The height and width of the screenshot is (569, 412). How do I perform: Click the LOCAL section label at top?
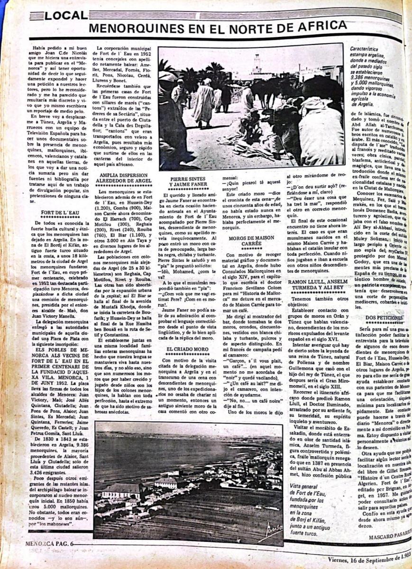click(66, 16)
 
